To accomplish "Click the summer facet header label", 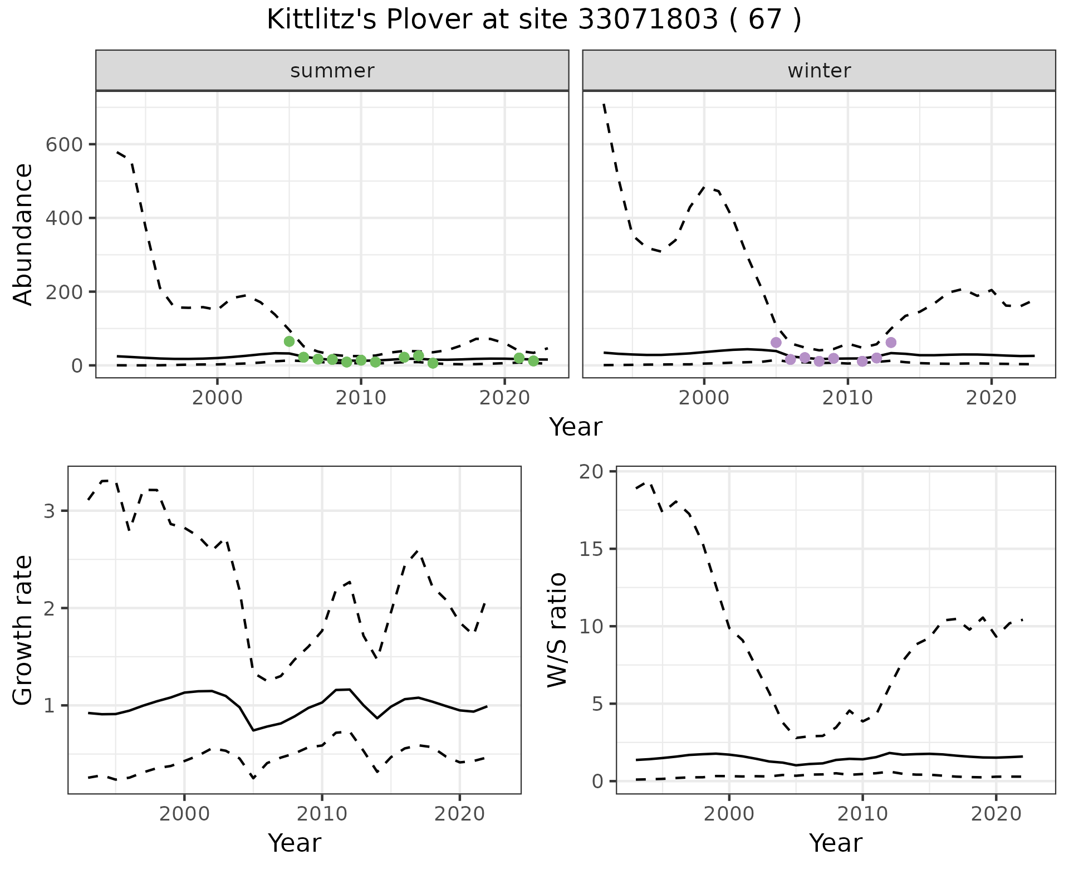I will click(332, 71).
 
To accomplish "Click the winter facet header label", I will click(819, 71).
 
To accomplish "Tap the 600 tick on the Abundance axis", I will click(64, 144).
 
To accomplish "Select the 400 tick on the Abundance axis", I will click(64, 218).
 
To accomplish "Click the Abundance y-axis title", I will click(23, 234).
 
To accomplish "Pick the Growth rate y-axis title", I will click(23, 629).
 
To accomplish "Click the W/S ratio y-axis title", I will click(557, 629).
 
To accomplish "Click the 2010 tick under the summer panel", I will click(361, 398).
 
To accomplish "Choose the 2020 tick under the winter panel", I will click(991, 398).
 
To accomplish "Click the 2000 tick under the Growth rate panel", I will click(184, 814).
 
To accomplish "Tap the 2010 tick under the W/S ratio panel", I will click(862, 814).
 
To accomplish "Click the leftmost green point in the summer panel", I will click(289, 341).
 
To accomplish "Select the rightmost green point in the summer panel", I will click(533, 361).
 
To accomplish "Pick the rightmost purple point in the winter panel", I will click(891, 342).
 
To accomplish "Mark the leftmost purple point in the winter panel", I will click(776, 342).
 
